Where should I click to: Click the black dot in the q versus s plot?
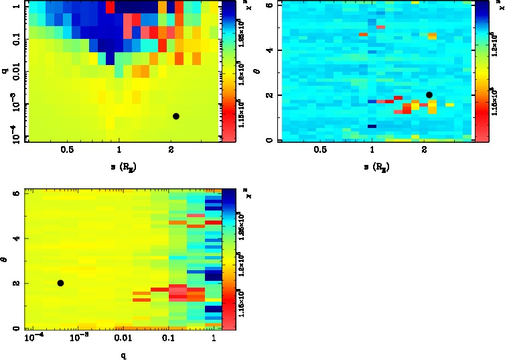(x=176, y=116)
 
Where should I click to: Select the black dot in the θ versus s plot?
(x=429, y=95)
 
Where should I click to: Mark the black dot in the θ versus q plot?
(x=60, y=283)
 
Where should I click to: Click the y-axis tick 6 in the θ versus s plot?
(x=269, y=5)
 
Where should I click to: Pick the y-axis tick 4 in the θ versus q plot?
(x=16, y=238)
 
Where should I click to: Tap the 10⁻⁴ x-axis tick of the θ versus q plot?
(x=31, y=339)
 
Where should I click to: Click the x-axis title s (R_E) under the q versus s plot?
(x=119, y=166)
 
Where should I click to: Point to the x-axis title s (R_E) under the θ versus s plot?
(x=372, y=166)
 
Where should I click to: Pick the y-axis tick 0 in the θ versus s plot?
(x=269, y=140)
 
